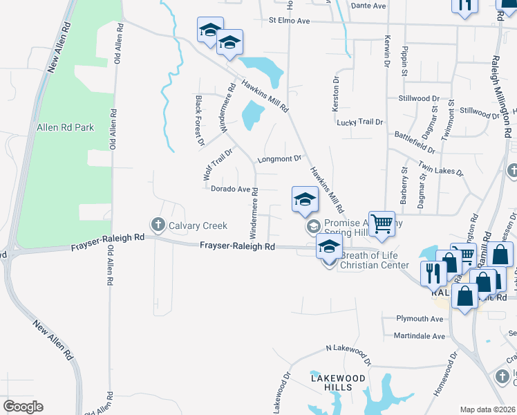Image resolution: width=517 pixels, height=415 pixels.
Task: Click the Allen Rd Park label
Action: coord(64,127)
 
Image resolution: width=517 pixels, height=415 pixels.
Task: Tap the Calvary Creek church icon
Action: coord(157,224)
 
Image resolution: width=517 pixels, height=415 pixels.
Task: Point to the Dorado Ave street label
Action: coord(230,189)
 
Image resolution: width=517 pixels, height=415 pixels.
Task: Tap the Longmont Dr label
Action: coord(280,158)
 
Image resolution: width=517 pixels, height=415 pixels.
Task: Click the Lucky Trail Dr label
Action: coord(359,122)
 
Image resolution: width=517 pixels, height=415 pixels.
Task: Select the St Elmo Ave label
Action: coord(290,21)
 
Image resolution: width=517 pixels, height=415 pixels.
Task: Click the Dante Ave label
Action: coord(368,6)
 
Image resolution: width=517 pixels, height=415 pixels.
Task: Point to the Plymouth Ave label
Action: coord(420,318)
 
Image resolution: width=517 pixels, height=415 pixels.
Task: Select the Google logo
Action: coord(23,407)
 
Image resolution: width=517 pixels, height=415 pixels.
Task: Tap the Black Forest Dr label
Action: coord(200,121)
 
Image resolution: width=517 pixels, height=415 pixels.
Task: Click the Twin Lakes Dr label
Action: coord(441,167)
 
